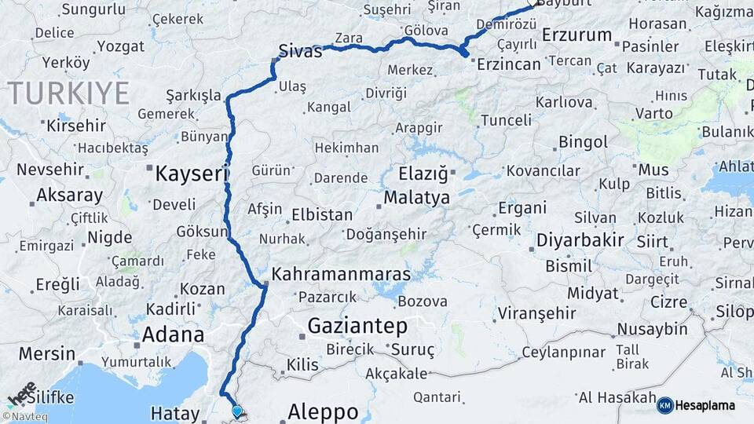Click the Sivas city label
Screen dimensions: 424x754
pos(301,53)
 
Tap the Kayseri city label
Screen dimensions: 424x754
pos(192,173)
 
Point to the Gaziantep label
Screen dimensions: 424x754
pos(357,325)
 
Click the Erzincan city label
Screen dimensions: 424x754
pos(510,64)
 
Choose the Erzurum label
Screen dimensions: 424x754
pos(576,35)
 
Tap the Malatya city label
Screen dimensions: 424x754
pos(417,197)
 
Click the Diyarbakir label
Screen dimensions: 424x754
pos(580,239)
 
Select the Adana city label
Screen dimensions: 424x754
pos(173,334)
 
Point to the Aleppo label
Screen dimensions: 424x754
pos(323,411)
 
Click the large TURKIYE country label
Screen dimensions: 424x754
pos(69,93)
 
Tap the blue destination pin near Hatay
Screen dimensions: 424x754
pos(238,410)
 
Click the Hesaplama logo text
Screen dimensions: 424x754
pos(705,406)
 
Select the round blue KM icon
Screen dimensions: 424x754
pos(664,405)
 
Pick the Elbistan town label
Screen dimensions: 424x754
pos(317,214)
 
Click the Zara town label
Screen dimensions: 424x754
pos(348,38)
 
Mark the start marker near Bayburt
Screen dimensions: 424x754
pos(536,2)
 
